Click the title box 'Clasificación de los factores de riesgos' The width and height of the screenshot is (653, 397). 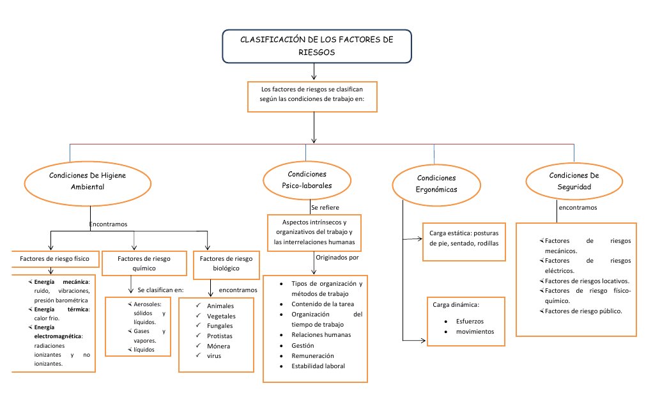click(316, 46)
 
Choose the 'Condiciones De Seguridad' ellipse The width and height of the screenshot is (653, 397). click(574, 181)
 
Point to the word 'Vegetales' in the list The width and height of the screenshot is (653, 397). click(221, 316)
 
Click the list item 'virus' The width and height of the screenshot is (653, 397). click(214, 356)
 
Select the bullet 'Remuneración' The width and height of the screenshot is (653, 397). click(312, 355)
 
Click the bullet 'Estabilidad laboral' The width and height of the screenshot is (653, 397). click(318, 366)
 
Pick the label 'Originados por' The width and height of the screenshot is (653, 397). click(337, 257)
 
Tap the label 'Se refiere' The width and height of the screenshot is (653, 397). click(325, 208)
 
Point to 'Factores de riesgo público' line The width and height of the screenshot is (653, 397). click(583, 311)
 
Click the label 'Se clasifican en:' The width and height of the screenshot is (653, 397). click(160, 290)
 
